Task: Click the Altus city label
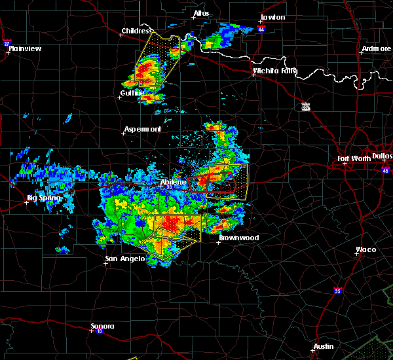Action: click(x=201, y=13)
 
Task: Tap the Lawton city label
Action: click(x=272, y=17)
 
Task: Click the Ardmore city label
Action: click(x=376, y=49)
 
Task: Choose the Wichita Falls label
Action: click(x=275, y=71)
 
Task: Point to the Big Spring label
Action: click(x=44, y=198)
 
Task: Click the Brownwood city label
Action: click(x=238, y=238)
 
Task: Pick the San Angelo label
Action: click(x=125, y=259)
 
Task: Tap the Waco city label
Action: click(x=365, y=249)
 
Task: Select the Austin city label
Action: click(x=323, y=346)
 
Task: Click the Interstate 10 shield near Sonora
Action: click(x=91, y=331)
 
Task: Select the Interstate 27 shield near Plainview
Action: click(x=8, y=43)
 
